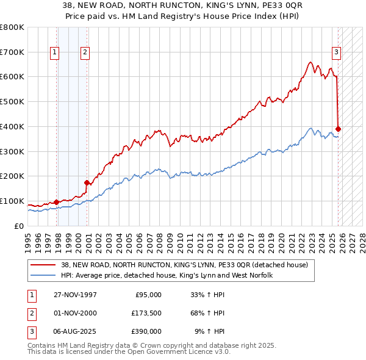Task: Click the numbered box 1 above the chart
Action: coord(56,52)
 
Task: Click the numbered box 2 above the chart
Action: coord(84,52)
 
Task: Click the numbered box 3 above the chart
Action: coord(336,52)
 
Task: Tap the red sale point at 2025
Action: coord(339,129)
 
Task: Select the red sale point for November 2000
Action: coord(87,182)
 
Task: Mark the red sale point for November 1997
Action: coord(57,202)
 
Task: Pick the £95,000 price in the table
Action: coord(147,295)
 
